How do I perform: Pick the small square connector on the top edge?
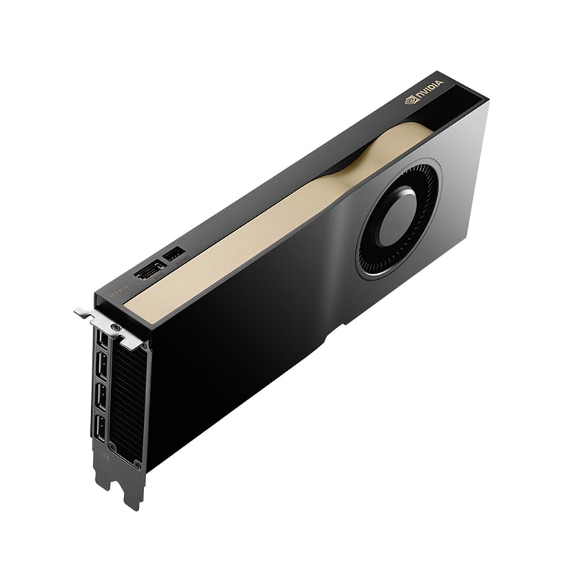pos(174,255)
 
